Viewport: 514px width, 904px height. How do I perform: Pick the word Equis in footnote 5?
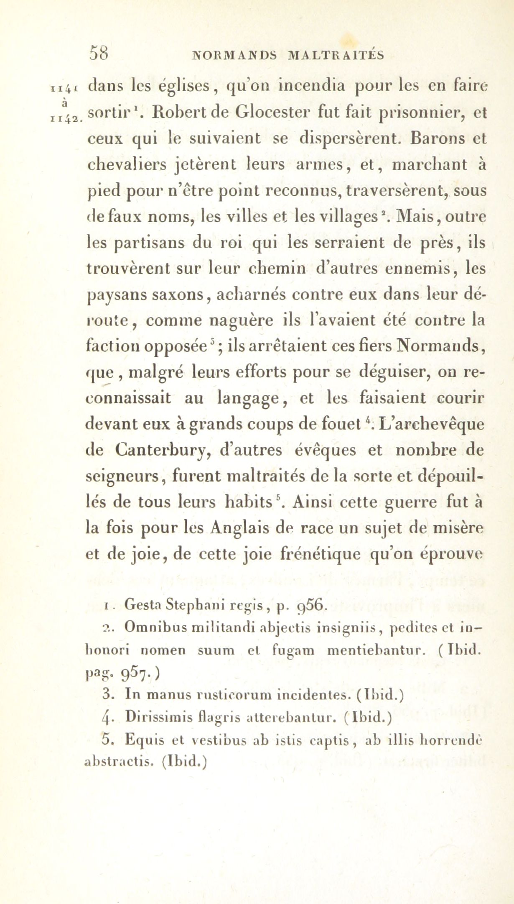(x=143, y=741)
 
